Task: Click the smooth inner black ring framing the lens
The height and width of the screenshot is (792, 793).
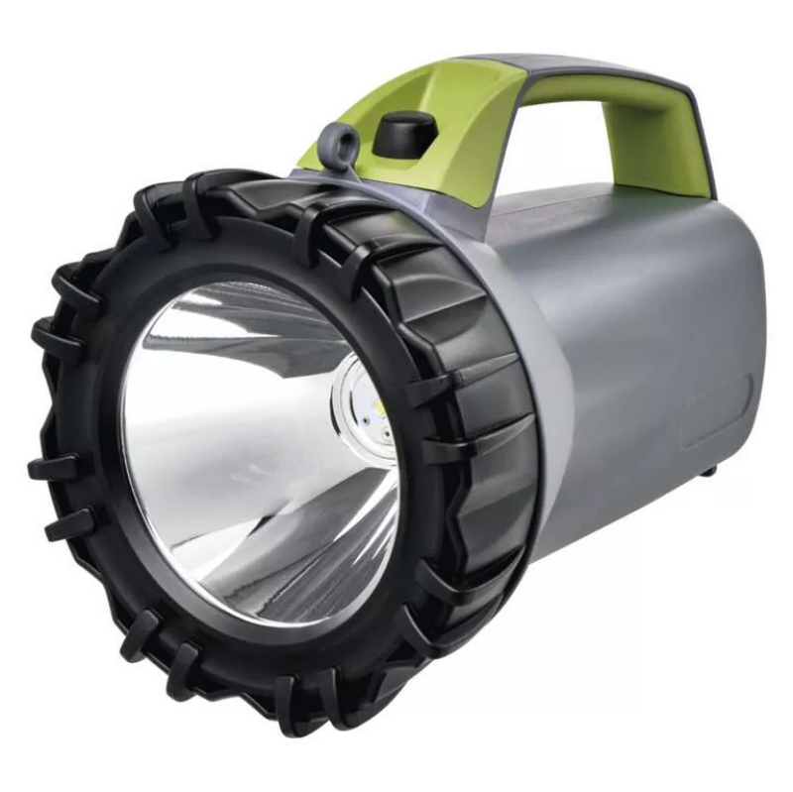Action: pos(149,555)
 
